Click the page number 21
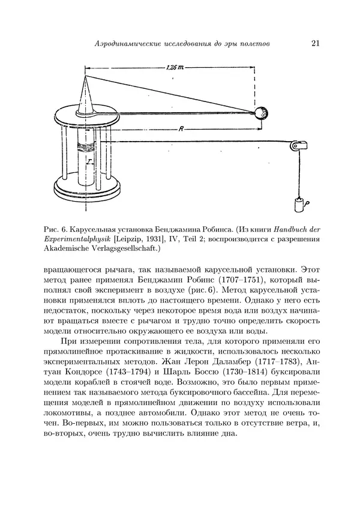click(x=316, y=43)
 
